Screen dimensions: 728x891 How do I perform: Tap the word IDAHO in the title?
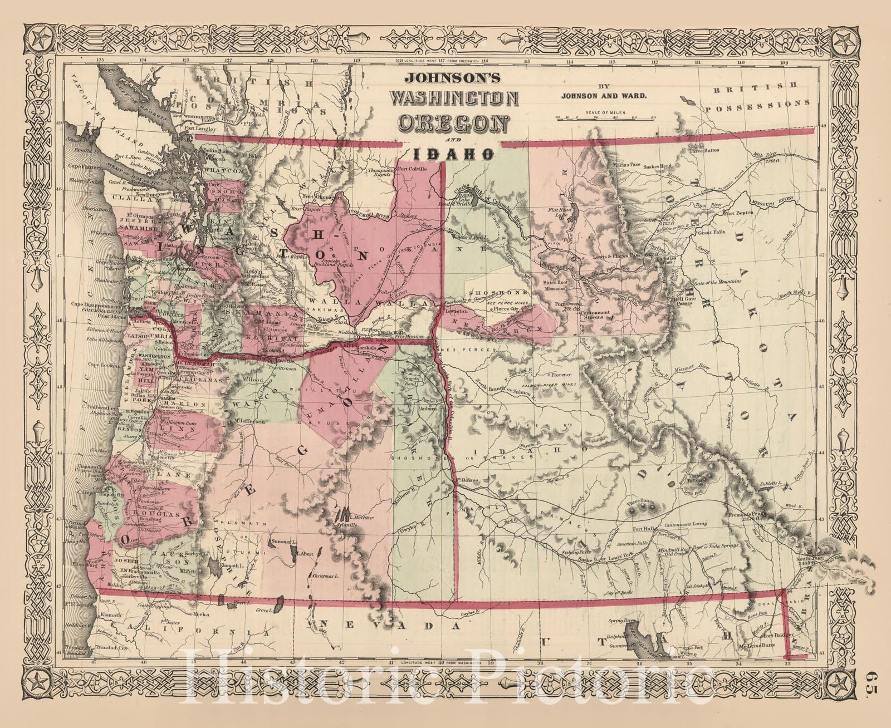[x=454, y=153]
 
